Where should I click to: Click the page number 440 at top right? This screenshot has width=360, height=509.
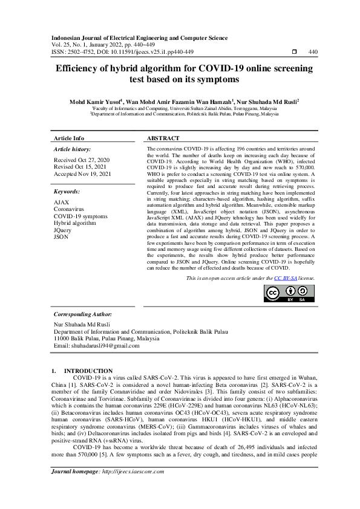[313, 53]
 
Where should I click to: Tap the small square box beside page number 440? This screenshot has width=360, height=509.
[294, 53]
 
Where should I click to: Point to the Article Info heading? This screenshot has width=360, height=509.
[69, 138]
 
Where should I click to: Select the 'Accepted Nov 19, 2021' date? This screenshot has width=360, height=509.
[82, 174]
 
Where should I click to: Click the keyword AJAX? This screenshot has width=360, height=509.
[61, 201]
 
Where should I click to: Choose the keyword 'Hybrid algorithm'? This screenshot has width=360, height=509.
[75, 223]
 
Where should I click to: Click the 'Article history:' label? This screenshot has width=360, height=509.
[73, 149]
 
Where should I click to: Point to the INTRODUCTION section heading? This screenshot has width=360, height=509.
[88, 371]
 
